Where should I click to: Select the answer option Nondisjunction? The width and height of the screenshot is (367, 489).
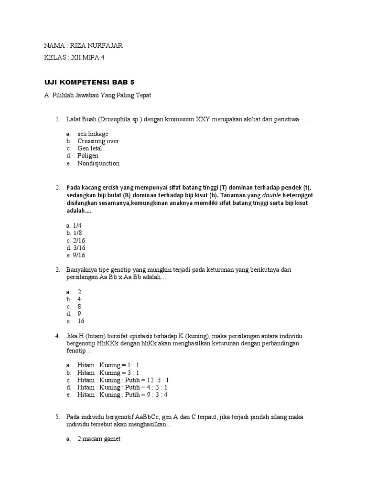[x=98, y=163]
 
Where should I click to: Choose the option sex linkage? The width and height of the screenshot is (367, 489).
[x=93, y=134]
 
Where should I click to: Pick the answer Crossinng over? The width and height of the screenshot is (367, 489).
[x=98, y=141]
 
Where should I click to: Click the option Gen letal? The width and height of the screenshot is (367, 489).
[x=90, y=149]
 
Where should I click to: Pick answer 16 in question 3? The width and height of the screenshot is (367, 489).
[x=81, y=321]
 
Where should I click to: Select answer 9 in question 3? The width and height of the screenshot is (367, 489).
[x=79, y=314]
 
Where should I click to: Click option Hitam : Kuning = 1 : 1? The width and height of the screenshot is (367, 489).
[x=108, y=365]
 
